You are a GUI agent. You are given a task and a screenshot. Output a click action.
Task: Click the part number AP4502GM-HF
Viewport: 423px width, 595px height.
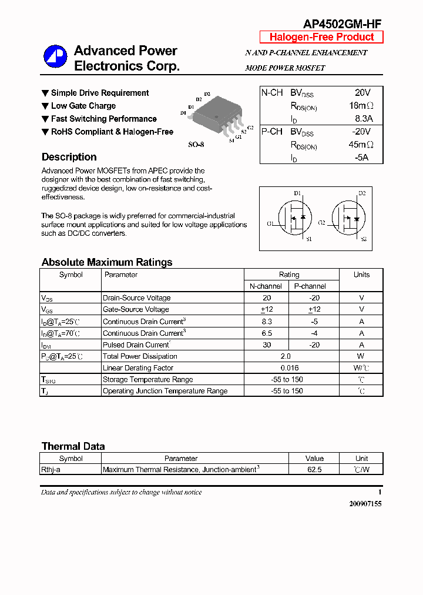pos(342,24)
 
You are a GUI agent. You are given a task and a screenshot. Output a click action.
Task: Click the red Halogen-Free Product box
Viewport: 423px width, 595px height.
pos(321,37)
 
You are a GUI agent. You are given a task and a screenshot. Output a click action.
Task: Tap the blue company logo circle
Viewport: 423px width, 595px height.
pos(56,57)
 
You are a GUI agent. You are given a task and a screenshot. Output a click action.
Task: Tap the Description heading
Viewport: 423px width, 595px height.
pos(69,157)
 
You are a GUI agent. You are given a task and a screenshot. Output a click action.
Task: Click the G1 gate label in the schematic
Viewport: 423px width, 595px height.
pos(270,223)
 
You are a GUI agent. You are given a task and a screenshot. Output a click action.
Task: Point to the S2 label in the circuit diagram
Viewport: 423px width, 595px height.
pos(364,239)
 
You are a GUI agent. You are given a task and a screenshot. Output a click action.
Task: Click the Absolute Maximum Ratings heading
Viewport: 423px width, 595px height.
pos(107,262)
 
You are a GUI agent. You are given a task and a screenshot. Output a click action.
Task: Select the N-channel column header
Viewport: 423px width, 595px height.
pos(266,286)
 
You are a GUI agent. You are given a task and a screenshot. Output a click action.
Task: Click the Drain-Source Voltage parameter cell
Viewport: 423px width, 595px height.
pos(136,298)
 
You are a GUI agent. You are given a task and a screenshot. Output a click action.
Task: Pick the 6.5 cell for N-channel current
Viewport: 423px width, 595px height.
pos(267,333)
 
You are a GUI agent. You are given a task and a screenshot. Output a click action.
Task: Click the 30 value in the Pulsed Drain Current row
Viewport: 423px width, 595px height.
pos(267,345)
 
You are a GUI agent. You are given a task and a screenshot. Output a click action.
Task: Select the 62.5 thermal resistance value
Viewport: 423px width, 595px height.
pos(314,469)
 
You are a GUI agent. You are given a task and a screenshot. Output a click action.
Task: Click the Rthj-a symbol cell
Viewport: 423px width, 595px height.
pos(54,469)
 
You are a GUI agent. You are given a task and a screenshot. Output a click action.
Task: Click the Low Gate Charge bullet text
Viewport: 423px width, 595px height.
pos(83,106)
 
